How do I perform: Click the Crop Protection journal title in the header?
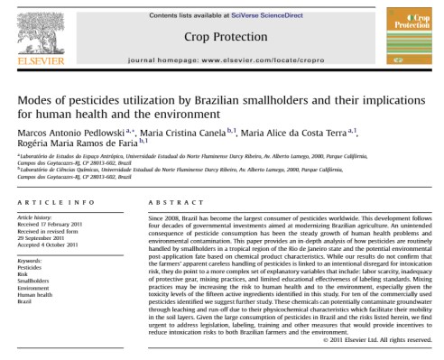[221, 36]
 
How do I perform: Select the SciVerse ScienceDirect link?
[254, 9]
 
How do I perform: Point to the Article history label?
[34, 218]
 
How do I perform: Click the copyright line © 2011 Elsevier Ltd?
[387, 340]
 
